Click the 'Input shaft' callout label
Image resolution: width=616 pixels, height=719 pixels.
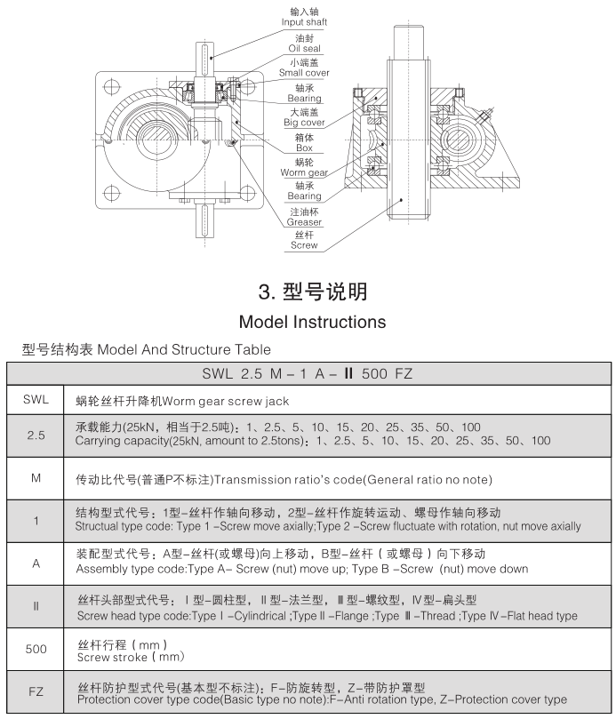coord(304,21)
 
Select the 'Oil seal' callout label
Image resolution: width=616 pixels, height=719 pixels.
coord(304,48)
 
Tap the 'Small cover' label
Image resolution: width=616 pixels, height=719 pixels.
coord(304,73)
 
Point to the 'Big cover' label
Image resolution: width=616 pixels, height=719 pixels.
coord(304,123)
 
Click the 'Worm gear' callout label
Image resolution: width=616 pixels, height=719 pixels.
coord(304,172)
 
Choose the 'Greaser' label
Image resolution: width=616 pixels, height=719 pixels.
coord(304,222)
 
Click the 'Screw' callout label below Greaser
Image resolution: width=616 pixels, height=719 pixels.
coord(304,245)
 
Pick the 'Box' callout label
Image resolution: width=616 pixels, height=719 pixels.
coord(304,148)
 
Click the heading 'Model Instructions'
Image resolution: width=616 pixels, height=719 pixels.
coord(312,321)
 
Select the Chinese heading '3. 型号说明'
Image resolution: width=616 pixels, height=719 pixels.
coord(312,292)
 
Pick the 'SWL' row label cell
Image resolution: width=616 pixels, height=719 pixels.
coord(36,401)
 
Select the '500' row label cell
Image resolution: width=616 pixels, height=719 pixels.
coord(36,650)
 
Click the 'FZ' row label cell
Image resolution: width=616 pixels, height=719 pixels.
coord(36,691)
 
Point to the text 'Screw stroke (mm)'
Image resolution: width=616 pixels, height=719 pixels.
coord(131,657)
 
